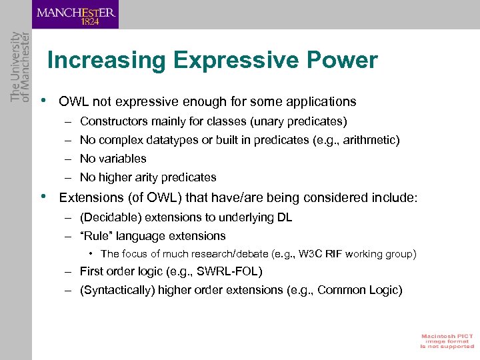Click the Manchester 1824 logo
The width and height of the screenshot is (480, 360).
point(75,15)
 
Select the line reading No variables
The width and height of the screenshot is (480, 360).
point(113,159)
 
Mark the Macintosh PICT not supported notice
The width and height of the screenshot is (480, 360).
point(446,341)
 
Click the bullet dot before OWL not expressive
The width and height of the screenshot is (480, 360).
point(43,101)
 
